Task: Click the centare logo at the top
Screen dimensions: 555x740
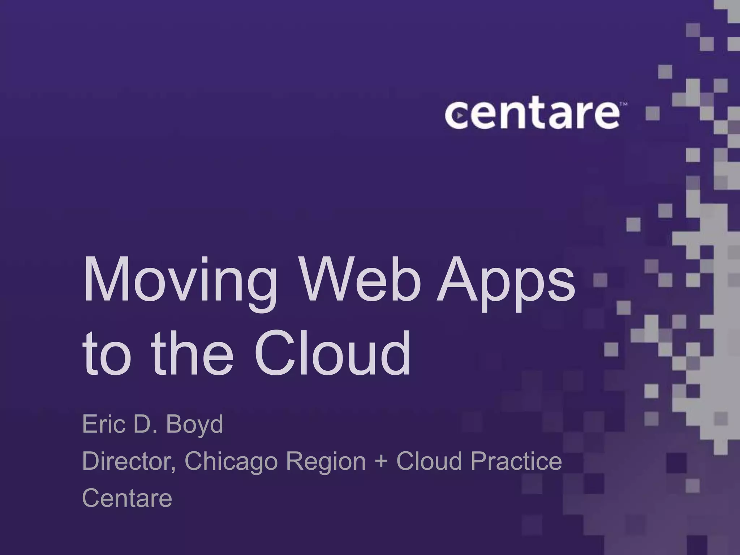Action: coord(532,115)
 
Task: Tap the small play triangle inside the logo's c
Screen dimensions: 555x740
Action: coord(459,116)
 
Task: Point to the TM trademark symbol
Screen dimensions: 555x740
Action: coord(623,104)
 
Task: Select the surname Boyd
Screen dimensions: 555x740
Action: coord(194,426)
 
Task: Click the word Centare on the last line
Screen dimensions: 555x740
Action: coord(127,498)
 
